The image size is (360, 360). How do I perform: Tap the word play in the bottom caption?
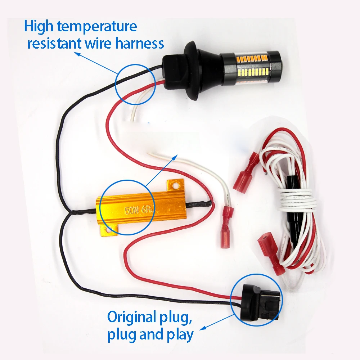click(x=178, y=335)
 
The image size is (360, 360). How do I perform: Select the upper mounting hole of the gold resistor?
click(x=176, y=186)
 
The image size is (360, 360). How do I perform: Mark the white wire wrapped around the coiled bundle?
click(x=295, y=201)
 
